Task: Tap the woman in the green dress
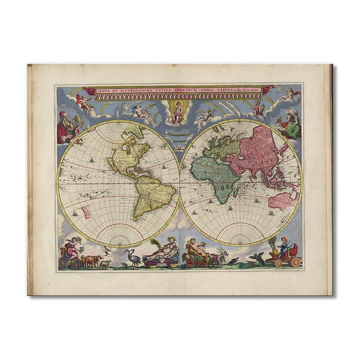click(x=291, y=126)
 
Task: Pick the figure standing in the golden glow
click(x=176, y=112)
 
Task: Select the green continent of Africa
click(x=213, y=176)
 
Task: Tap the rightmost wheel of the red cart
click(x=295, y=262)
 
